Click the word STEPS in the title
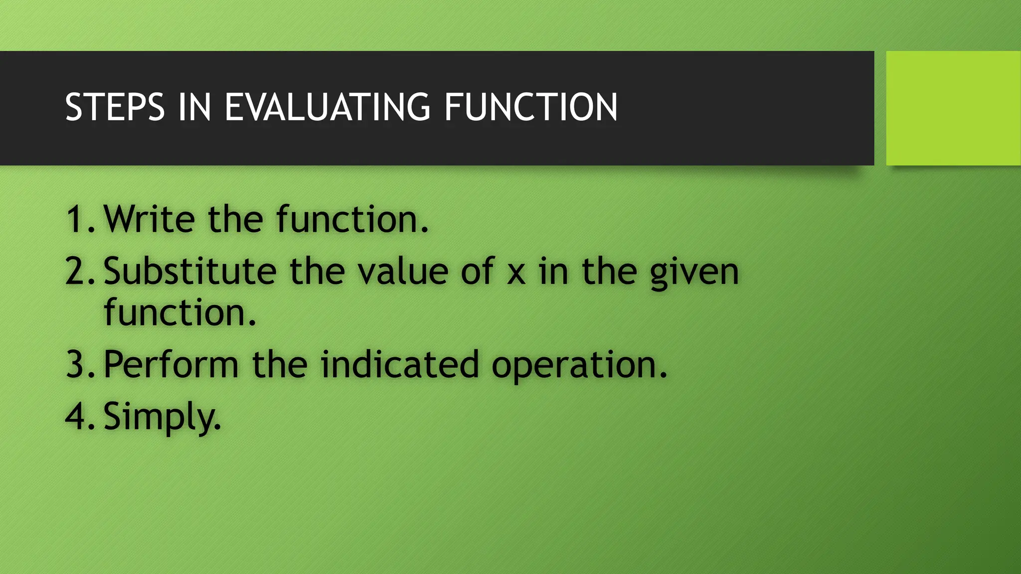(115, 107)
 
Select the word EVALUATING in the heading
(327, 107)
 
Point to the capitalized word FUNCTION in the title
(530, 107)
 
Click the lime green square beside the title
(953, 108)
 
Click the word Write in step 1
(149, 219)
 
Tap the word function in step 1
(351, 219)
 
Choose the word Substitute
(190, 272)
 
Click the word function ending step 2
(179, 312)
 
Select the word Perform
(171, 364)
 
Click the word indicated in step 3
(399, 364)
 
